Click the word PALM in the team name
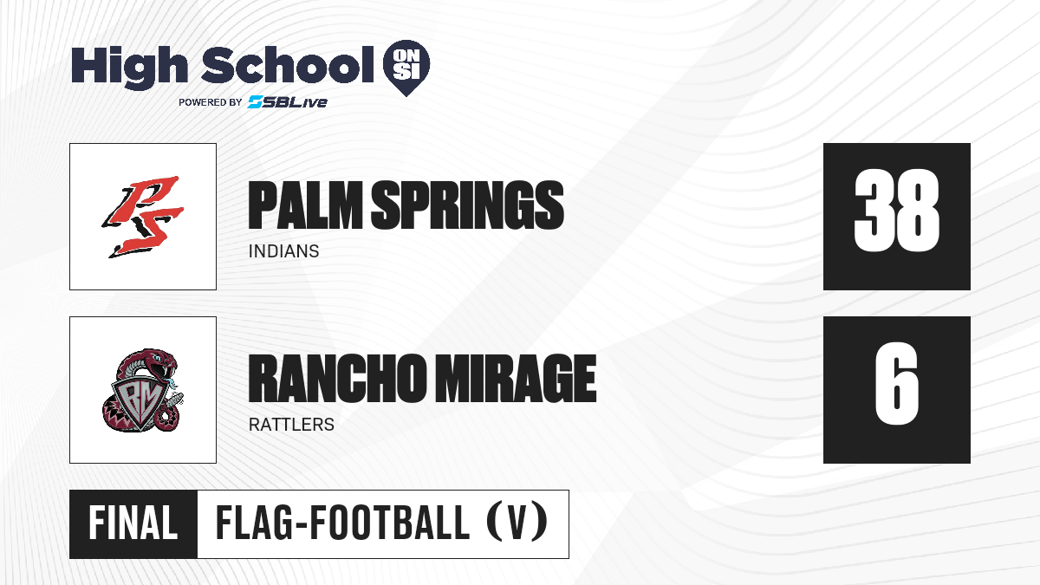tap(305, 205)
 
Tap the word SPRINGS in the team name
tap(467, 205)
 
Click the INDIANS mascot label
tap(283, 251)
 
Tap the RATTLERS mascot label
tap(291, 425)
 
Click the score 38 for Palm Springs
tap(896, 210)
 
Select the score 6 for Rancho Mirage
tap(896, 383)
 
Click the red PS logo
tap(143, 217)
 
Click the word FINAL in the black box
tap(133, 523)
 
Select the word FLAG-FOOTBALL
tap(342, 523)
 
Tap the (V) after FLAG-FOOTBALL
tap(517, 523)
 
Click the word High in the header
tap(130, 68)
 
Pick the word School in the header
tap(288, 65)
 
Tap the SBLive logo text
tap(288, 101)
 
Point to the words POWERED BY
tap(211, 102)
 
